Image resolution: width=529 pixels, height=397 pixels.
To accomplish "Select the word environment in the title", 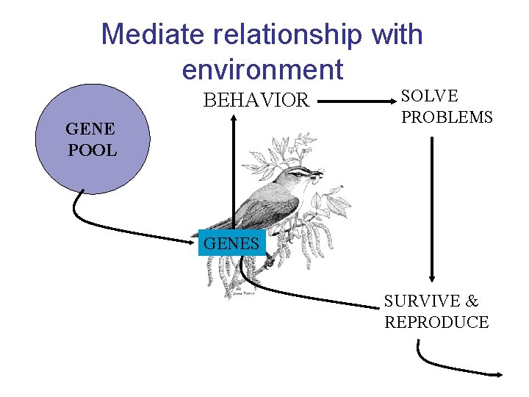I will coord(262,69).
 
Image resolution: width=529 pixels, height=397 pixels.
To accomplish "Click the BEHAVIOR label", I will coord(256,101).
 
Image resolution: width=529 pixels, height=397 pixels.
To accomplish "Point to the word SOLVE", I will coord(429,96).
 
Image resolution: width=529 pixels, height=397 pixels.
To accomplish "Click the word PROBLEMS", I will coord(447,117).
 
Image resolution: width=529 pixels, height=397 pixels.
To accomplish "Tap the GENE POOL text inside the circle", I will coord(91,140).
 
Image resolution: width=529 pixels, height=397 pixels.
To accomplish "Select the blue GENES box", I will coord(231,243).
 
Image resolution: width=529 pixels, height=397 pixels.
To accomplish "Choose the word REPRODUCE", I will coord(436,322).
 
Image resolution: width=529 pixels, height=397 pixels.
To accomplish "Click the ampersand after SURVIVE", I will coord(472,301).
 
